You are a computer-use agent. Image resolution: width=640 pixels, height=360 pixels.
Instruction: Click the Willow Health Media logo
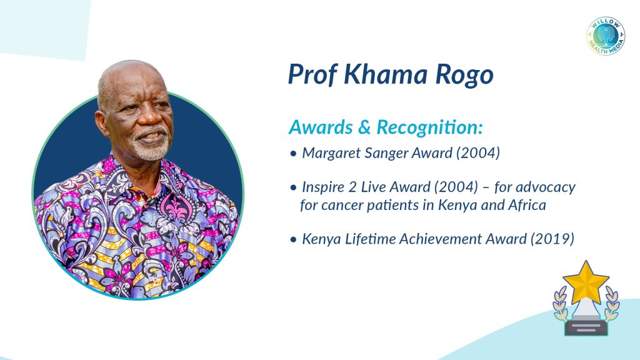click(606, 36)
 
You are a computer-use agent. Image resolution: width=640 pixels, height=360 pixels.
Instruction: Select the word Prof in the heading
click(312, 74)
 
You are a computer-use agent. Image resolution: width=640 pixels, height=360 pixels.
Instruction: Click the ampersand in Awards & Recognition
click(364, 127)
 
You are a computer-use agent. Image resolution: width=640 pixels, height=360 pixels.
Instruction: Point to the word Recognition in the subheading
click(429, 127)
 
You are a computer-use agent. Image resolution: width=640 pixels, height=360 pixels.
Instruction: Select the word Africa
click(527, 205)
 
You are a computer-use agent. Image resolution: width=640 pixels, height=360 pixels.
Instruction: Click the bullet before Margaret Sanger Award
click(293, 154)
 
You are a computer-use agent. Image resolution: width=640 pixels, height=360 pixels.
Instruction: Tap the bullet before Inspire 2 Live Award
click(293, 188)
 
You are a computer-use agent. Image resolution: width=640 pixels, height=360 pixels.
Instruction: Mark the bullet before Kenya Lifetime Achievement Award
click(293, 239)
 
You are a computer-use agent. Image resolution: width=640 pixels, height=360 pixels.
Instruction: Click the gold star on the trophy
click(586, 282)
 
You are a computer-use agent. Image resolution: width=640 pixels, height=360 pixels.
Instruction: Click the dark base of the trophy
click(586, 327)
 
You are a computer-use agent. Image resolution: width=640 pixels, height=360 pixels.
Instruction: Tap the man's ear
click(102, 123)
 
